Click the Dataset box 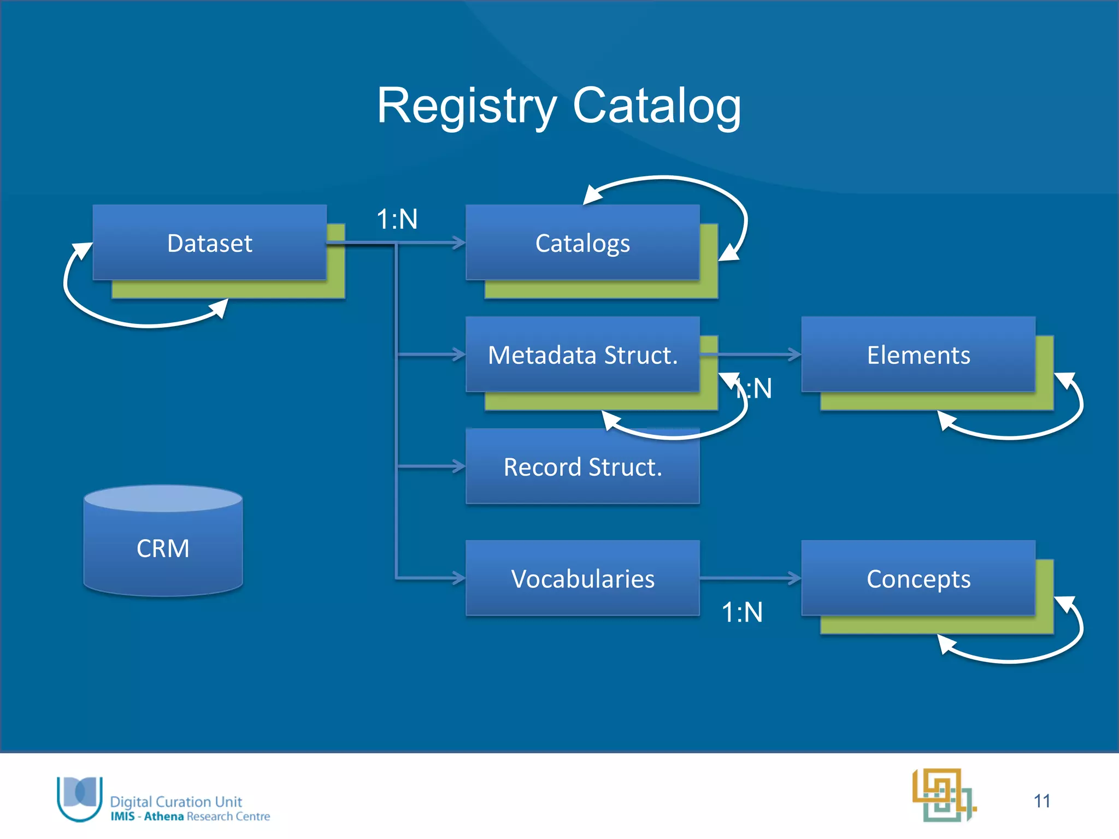[210, 243]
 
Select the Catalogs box [582, 243]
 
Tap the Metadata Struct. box [582, 355]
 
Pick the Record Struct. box [582, 467]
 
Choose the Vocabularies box [582, 578]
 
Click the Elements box [918, 355]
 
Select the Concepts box [918, 578]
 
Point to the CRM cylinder [163, 547]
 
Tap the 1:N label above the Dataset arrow [397, 220]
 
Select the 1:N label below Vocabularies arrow [742, 612]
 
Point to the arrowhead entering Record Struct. [458, 466]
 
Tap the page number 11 [1042, 801]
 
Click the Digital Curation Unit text [176, 801]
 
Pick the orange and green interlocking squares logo [944, 795]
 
